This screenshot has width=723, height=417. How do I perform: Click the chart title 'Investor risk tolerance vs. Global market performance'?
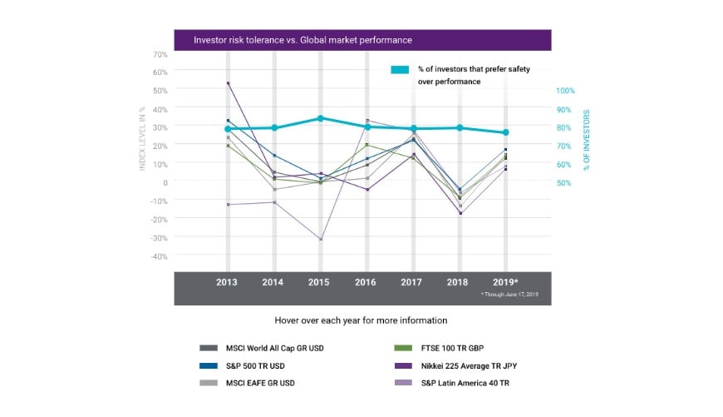coord(302,40)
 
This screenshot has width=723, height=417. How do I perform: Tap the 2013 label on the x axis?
coord(227,283)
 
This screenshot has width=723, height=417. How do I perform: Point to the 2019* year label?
coord(507,283)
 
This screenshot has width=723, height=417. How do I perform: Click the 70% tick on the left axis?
coord(160,54)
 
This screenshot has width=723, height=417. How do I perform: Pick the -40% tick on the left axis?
coord(158,256)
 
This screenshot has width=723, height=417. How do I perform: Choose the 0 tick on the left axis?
coord(165,182)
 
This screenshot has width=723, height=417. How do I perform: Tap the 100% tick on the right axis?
coord(565,91)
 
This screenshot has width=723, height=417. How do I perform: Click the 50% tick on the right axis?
coord(563,182)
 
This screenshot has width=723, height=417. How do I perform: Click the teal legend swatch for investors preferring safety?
coord(400,70)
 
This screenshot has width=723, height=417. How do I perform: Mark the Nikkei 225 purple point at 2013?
coord(228,83)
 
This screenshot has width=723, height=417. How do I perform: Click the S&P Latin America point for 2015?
coord(320,239)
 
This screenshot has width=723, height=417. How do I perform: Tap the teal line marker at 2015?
coord(320,118)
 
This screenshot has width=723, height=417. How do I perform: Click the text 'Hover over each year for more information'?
coord(361,320)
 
